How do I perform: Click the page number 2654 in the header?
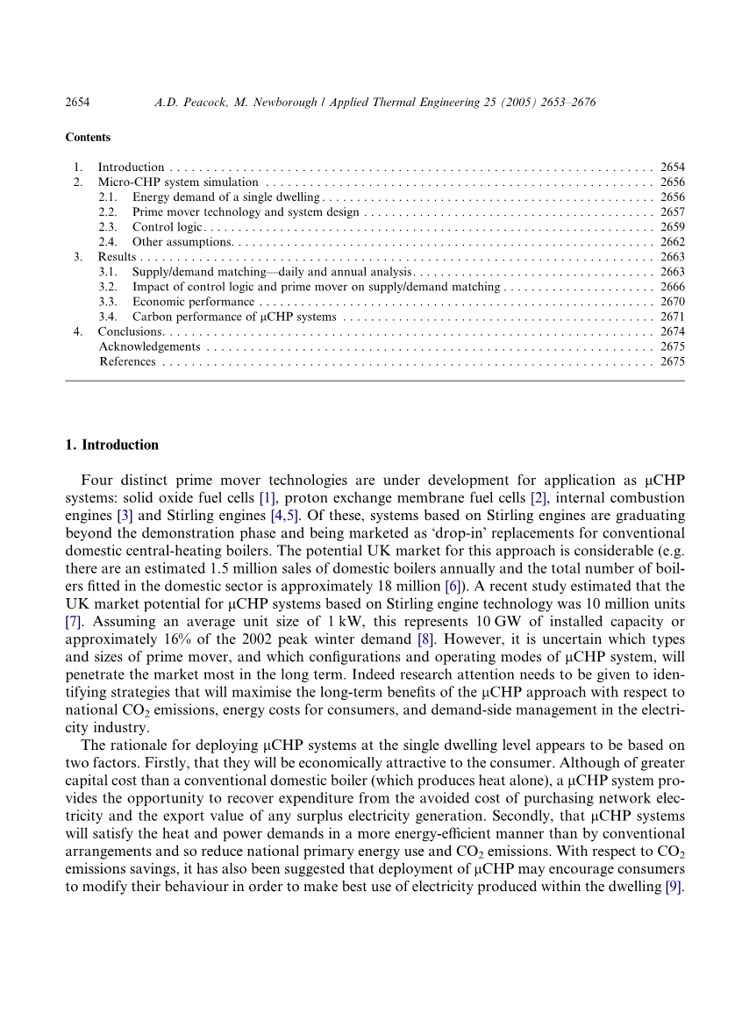(78, 103)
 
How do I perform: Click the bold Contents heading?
(88, 138)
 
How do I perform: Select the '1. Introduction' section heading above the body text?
(112, 445)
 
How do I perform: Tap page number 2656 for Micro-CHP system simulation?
(672, 182)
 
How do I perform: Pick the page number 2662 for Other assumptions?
(672, 242)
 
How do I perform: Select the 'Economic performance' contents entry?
(193, 302)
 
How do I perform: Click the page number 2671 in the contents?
(672, 317)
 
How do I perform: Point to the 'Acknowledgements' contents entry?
(149, 346)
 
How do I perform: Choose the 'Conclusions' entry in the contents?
(130, 332)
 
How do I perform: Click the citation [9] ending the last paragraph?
(674, 886)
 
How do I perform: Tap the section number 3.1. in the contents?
(108, 272)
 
